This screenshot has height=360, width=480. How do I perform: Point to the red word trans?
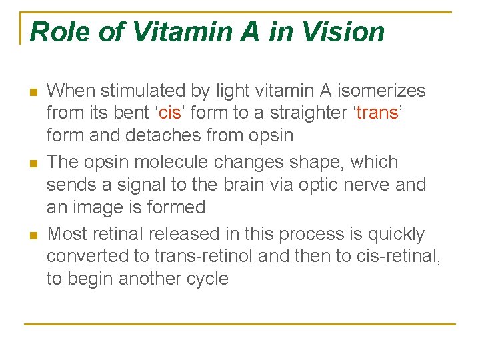click(377, 113)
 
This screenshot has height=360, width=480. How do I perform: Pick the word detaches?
click(158, 135)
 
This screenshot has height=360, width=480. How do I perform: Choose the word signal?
click(141, 185)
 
